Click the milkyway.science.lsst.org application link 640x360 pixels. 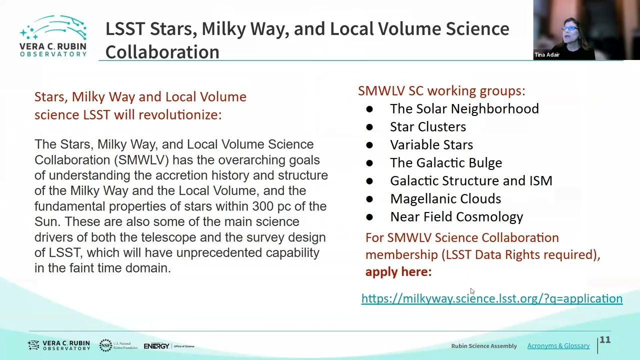pos(491,298)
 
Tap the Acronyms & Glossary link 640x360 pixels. pos(558,345)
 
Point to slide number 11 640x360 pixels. pos(605,339)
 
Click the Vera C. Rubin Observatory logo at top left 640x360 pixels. pos(53,35)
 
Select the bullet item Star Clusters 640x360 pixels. pos(427,127)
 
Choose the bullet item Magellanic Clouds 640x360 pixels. pos(445,199)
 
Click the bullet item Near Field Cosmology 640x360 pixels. pos(456,217)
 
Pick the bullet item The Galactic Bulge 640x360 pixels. pos(445,163)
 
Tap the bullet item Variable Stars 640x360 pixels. pos(431,145)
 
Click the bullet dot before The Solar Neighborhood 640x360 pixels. pos(369,109)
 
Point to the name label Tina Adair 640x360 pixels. pos(547,54)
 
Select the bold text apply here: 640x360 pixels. pos(398,271)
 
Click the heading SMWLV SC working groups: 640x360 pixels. pos(441,91)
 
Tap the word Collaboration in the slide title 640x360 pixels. pos(162,52)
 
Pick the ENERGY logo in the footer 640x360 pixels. pos(156,346)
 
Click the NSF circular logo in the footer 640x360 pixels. pos(105,345)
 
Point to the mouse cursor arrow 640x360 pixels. pos(472,291)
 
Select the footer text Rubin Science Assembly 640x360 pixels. pos(484,346)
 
